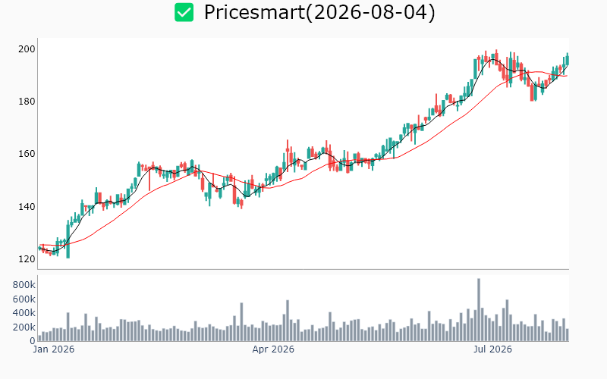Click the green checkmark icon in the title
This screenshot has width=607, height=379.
click(x=184, y=12)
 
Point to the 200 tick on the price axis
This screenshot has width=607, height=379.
click(x=27, y=49)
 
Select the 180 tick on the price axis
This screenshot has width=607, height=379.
click(x=27, y=102)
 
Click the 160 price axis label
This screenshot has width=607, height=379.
click(x=27, y=154)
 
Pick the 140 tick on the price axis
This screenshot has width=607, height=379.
click(x=27, y=206)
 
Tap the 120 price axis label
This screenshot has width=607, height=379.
click(x=27, y=259)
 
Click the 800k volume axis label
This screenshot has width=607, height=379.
click(x=24, y=285)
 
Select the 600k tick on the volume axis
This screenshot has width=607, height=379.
click(x=24, y=299)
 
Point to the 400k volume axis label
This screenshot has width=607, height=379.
click(x=24, y=313)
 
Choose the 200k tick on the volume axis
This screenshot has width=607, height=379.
click(x=24, y=327)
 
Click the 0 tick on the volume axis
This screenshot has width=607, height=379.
click(x=33, y=341)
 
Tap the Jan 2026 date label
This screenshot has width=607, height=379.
click(x=54, y=349)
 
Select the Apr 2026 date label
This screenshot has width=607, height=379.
click(x=273, y=349)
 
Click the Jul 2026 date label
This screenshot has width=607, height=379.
click(x=492, y=349)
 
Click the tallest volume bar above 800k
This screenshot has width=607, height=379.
click(x=479, y=310)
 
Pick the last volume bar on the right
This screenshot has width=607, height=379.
click(x=568, y=335)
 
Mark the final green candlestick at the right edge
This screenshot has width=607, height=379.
click(x=568, y=60)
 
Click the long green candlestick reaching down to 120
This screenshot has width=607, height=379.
click(x=68, y=240)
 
